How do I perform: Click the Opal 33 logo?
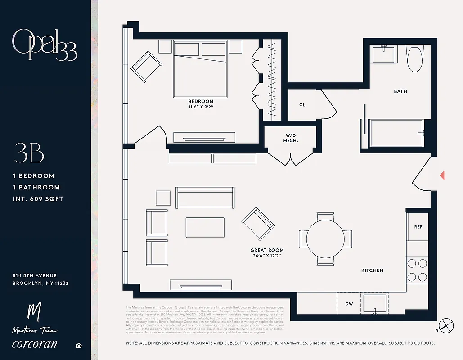point(45,45)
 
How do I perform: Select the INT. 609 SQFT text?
point(38,198)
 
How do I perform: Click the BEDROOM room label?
point(201,102)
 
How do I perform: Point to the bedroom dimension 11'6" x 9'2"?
point(201,108)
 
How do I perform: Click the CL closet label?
point(302,105)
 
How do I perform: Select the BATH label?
point(400,91)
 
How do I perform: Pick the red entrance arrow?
point(442,175)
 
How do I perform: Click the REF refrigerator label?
point(418,227)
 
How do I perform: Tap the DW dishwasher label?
point(349,304)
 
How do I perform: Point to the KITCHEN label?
point(372,270)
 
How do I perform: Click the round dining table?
point(325,238)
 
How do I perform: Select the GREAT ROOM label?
point(267,250)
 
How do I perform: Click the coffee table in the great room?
point(205,228)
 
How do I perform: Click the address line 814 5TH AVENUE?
point(35,275)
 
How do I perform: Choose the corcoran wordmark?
point(35,344)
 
